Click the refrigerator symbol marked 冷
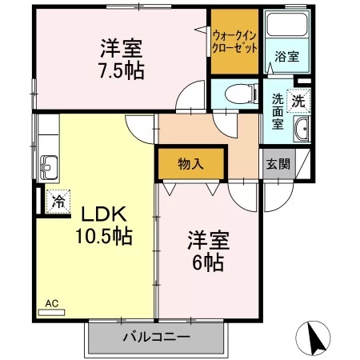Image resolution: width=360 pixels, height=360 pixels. click(58, 202)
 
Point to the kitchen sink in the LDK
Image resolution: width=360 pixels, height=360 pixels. click(49, 167)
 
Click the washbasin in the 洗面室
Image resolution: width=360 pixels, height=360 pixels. click(302, 129)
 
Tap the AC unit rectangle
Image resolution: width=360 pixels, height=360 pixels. click(51, 312)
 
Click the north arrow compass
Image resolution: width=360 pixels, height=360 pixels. click(313, 338)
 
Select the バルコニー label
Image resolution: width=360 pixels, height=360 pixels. click(157, 337)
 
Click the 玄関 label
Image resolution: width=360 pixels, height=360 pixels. click(278, 164)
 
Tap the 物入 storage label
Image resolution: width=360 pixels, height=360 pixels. click(190, 164)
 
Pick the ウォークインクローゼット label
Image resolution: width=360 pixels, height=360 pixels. click(235, 42)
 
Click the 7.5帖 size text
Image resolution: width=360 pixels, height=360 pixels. click(122, 70)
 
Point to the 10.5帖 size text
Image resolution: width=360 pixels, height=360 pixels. click(104, 236)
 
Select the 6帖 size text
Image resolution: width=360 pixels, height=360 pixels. click(208, 262)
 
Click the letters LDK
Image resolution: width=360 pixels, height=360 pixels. click(103, 214)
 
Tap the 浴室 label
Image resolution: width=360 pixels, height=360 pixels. click(287, 57)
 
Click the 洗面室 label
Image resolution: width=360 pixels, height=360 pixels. click(278, 112)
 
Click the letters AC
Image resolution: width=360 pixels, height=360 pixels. click(51, 303)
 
